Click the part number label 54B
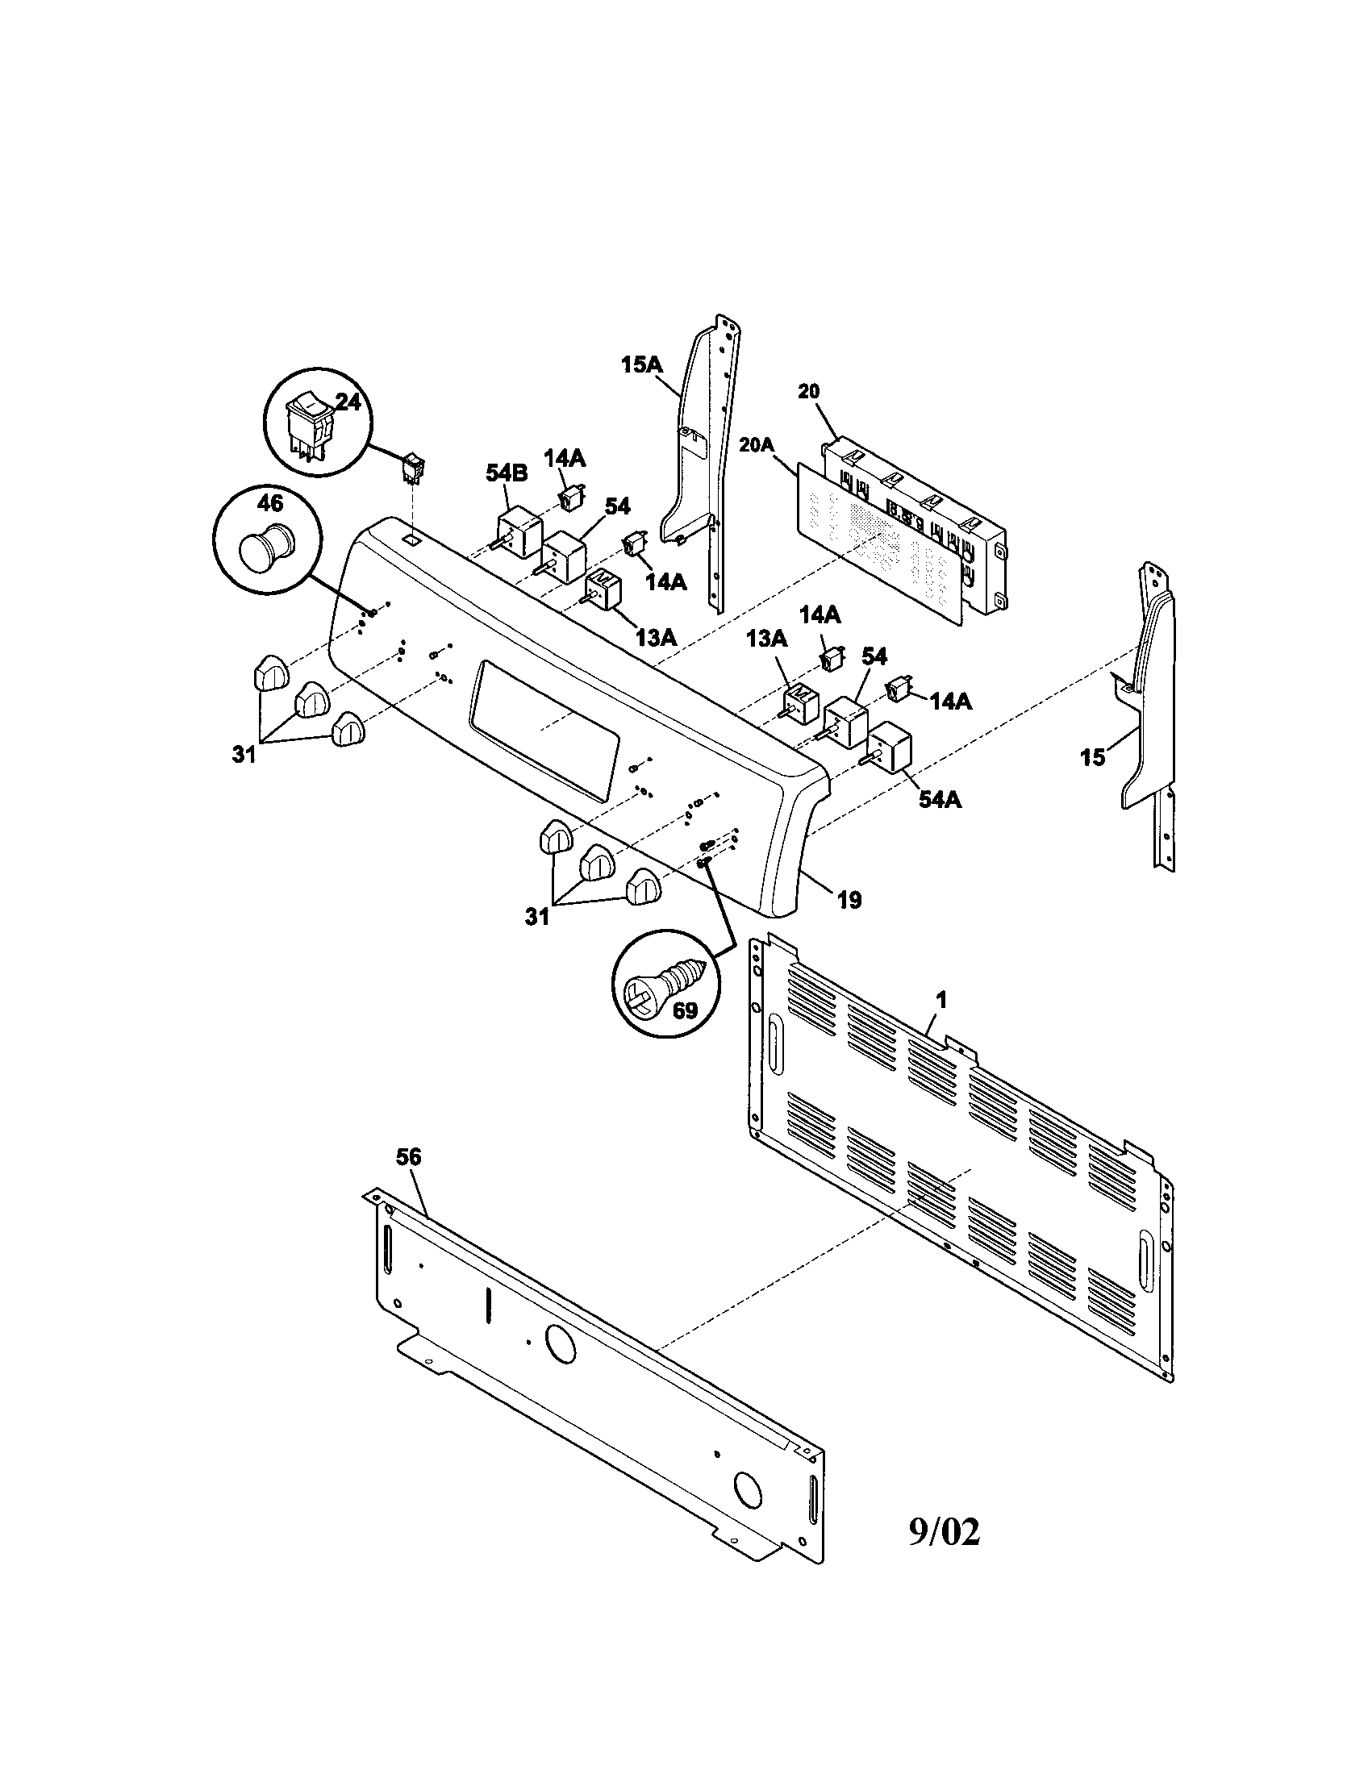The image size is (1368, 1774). [507, 473]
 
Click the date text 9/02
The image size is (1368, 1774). [944, 1532]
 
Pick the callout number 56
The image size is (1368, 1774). [409, 1156]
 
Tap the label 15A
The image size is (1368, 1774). [642, 364]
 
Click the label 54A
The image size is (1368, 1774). [940, 799]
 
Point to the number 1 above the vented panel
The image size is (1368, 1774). [941, 1001]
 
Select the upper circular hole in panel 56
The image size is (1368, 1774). [560, 1345]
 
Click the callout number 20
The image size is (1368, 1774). [808, 391]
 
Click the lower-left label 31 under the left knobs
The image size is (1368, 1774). [244, 754]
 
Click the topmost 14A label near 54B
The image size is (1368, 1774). [565, 458]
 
